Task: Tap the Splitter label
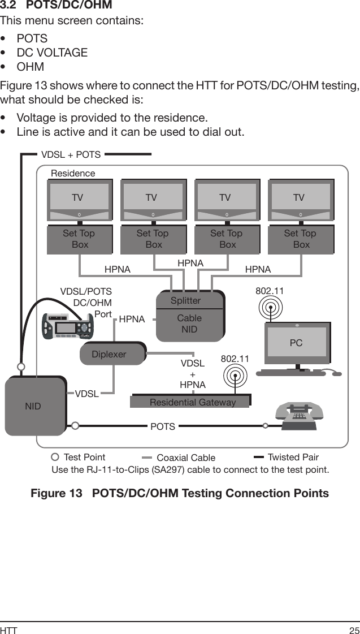185,300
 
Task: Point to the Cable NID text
189,324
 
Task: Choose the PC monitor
296,343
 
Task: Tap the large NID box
34,406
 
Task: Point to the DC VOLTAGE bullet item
52,53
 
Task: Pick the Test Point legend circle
55,457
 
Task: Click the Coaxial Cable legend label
186,458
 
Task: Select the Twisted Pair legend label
293,457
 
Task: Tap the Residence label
73,173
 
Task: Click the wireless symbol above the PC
271,309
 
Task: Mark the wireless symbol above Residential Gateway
235,374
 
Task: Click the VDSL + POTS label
71,154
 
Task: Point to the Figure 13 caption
180,493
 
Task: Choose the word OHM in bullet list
31,67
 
